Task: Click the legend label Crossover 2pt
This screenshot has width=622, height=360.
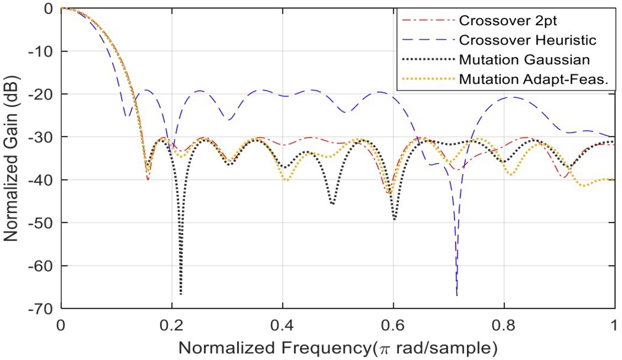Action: (507, 21)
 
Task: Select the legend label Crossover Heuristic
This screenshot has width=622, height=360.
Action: (527, 40)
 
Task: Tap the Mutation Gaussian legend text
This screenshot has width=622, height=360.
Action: (524, 60)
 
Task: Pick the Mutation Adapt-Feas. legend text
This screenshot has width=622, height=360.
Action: (534, 79)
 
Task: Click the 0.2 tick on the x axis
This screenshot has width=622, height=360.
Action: (171, 326)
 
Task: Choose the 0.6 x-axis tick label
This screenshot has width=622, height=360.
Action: (393, 326)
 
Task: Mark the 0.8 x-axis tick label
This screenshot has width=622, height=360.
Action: (504, 326)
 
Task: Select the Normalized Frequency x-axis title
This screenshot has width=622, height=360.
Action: (337, 348)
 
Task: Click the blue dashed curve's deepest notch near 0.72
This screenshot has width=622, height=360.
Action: (457, 294)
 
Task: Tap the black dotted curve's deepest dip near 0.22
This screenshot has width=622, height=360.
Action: (181, 293)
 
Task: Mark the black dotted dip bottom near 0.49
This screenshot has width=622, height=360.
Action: (333, 203)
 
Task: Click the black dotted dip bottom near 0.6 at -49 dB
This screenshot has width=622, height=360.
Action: (394, 219)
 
